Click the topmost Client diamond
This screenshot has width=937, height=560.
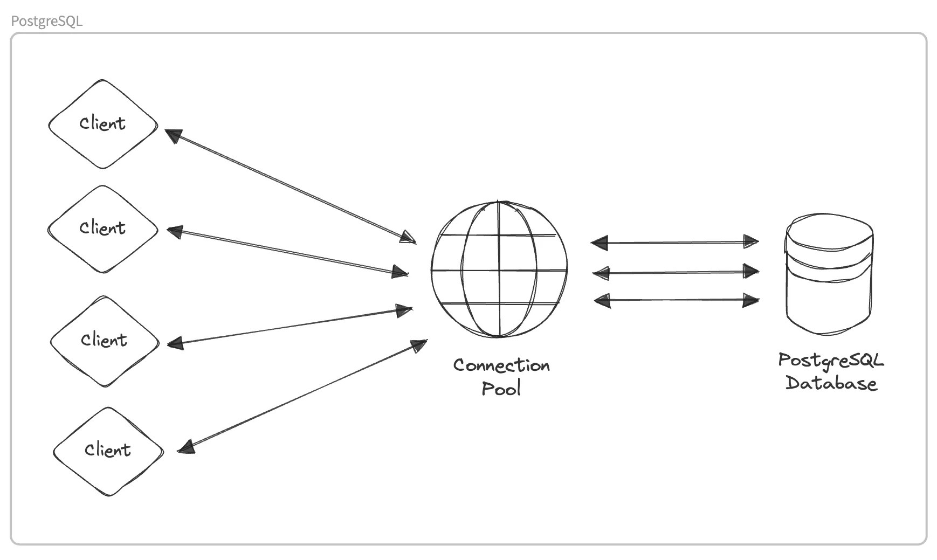click(103, 125)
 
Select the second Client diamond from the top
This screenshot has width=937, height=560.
click(102, 229)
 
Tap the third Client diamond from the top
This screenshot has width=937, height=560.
click(105, 341)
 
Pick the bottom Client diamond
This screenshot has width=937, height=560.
click(108, 451)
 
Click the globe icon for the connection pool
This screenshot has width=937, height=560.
click(499, 269)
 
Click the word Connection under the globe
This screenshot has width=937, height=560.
click(501, 365)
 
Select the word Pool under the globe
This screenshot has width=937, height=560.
click(501, 389)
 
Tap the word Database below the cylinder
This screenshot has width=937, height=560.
click(831, 383)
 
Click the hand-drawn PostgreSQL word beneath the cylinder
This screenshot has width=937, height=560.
click(831, 360)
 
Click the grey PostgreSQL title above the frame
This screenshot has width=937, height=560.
click(47, 21)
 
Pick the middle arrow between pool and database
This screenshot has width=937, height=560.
click(676, 272)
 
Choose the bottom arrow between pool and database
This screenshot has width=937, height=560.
click(677, 300)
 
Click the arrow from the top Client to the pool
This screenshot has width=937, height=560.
click(291, 186)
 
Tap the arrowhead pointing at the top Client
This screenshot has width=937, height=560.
click(173, 135)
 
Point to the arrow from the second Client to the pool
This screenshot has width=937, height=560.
click(287, 252)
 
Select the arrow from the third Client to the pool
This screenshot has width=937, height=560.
click(290, 326)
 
